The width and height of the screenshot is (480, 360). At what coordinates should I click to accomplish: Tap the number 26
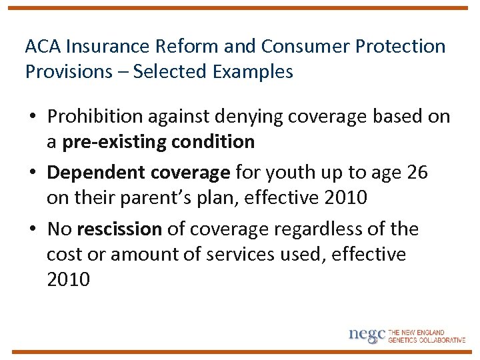click(417, 173)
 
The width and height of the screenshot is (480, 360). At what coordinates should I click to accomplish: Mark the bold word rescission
click(119, 229)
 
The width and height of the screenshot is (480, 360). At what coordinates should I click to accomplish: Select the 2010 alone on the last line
click(68, 279)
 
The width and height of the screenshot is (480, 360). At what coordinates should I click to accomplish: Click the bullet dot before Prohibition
click(32, 117)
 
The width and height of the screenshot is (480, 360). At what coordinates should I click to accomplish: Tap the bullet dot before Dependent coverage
click(32, 173)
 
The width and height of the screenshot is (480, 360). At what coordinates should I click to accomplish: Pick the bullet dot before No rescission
click(32, 230)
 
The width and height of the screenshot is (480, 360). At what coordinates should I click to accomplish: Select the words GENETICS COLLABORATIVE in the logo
click(427, 340)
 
